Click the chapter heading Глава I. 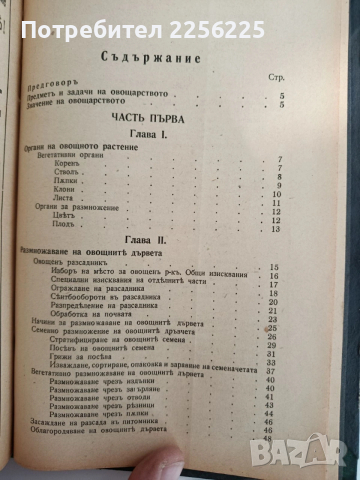[x=178, y=134]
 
